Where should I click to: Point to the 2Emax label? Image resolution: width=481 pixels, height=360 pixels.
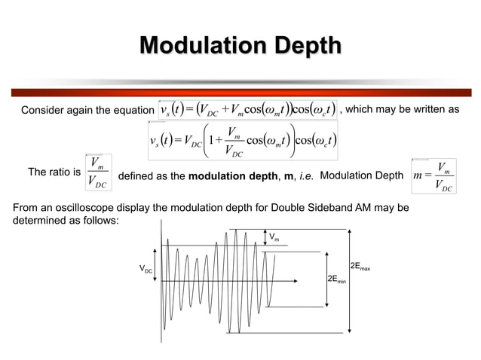[360, 267]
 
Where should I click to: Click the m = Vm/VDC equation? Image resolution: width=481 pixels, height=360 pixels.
[434, 176]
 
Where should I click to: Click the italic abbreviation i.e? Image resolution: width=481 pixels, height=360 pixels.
[306, 176]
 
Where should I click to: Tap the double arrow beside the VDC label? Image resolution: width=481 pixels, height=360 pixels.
[156, 269]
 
